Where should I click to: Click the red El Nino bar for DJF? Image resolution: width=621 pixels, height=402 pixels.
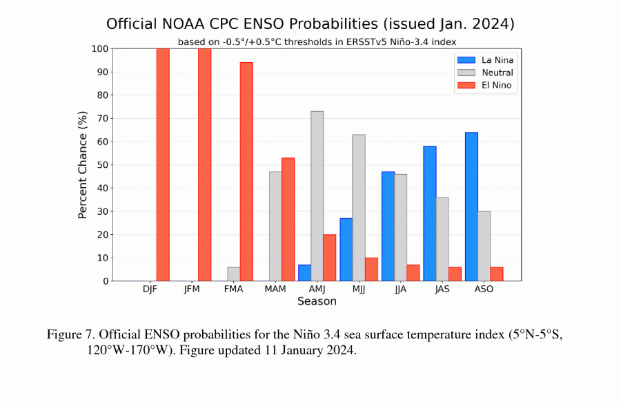click(163, 164)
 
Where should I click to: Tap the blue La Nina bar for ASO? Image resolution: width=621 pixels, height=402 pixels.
click(471, 207)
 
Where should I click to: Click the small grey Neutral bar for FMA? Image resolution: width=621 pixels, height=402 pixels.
click(233, 274)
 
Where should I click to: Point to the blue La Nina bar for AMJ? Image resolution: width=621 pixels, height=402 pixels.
click(304, 273)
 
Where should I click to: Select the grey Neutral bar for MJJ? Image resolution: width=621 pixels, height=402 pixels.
click(359, 208)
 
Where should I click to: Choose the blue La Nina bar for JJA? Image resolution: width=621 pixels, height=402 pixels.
click(388, 227)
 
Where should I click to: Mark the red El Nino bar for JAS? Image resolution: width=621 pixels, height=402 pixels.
click(455, 274)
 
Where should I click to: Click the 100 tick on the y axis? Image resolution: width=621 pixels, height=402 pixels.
click(97, 48)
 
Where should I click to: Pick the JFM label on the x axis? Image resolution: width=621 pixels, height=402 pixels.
click(192, 289)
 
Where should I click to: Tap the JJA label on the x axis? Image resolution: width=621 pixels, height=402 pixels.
click(401, 289)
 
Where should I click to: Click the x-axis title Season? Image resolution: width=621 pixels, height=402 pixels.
click(317, 301)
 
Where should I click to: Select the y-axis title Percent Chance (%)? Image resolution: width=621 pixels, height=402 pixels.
click(83, 164)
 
